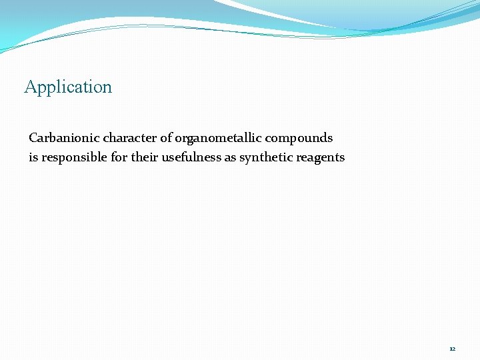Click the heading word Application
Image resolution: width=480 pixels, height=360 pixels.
click(68, 87)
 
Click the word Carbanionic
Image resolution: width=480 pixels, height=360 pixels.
click(64, 138)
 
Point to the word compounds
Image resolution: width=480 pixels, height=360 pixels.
click(299, 139)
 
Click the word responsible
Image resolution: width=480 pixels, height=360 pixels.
click(73, 158)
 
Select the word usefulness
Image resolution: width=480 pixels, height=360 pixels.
click(191, 157)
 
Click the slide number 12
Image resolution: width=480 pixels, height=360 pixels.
click(453, 349)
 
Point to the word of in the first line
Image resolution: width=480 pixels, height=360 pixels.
click(166, 138)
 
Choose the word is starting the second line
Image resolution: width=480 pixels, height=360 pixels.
click(33, 157)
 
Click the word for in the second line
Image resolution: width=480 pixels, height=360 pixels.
click(119, 157)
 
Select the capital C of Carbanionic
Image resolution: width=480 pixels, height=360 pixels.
click(33, 138)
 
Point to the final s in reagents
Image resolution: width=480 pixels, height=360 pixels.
click(342, 158)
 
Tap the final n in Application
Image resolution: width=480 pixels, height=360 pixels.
click(108, 87)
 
